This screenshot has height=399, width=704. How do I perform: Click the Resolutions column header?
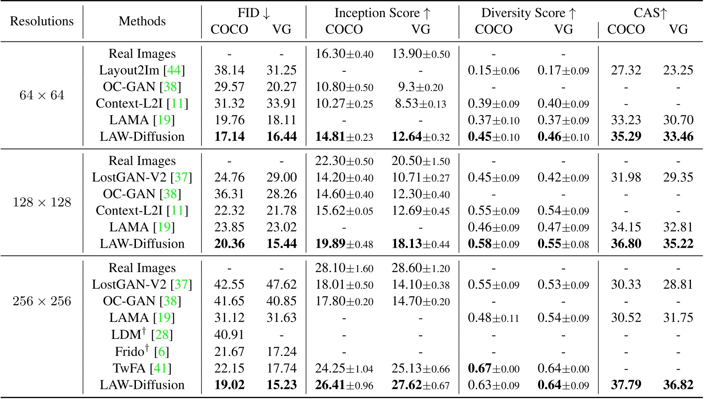click(x=42, y=21)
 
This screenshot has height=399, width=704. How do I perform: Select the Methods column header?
click(x=142, y=21)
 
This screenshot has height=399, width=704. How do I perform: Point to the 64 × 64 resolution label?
click(x=42, y=95)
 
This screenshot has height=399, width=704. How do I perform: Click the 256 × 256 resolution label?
click(x=42, y=301)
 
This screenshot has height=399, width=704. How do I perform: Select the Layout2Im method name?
click(x=129, y=70)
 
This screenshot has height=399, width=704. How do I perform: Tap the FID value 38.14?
click(x=229, y=70)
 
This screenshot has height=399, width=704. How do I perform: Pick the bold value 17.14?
click(x=229, y=136)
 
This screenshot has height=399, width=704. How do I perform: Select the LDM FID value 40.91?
click(x=229, y=334)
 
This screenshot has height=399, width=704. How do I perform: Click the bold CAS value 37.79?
click(x=626, y=385)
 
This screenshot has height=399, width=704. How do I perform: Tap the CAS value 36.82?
click(x=678, y=385)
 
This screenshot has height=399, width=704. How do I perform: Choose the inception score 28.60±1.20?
click(x=420, y=268)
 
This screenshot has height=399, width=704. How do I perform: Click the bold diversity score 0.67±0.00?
click(x=494, y=368)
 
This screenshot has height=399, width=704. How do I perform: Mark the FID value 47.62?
click(x=281, y=284)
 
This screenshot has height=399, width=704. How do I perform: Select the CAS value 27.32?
click(x=626, y=70)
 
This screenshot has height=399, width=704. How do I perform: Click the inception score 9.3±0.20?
click(x=420, y=87)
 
